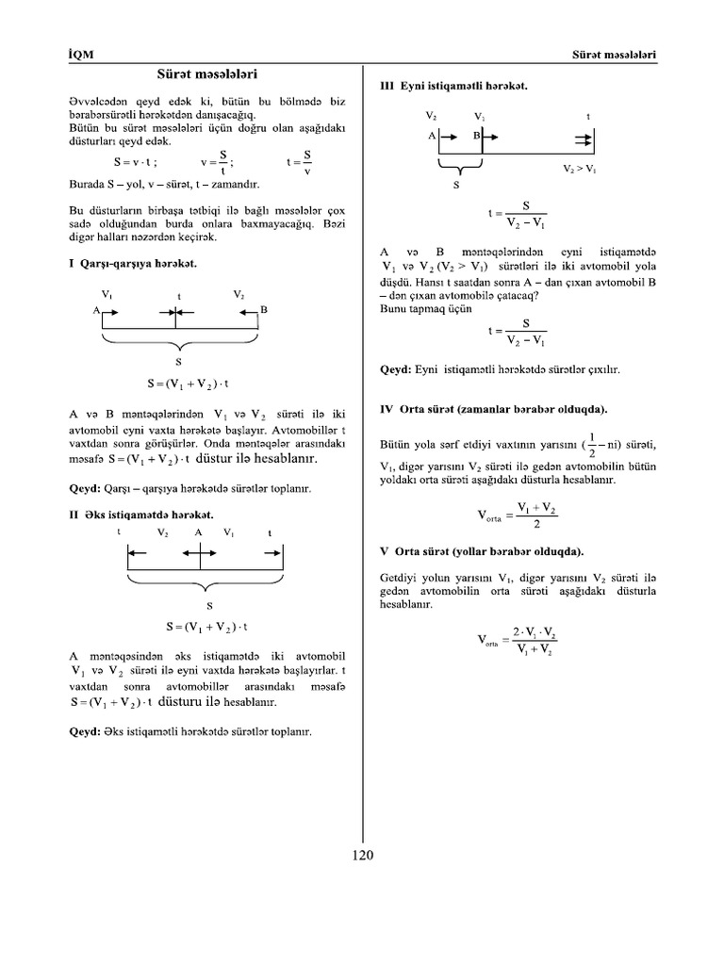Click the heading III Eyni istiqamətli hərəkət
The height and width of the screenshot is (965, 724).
452,86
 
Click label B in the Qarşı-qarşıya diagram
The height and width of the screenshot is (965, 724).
264,310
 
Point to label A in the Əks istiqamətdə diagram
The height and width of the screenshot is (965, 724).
199,532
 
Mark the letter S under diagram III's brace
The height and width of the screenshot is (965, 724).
457,186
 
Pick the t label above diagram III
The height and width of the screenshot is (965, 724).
589,117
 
